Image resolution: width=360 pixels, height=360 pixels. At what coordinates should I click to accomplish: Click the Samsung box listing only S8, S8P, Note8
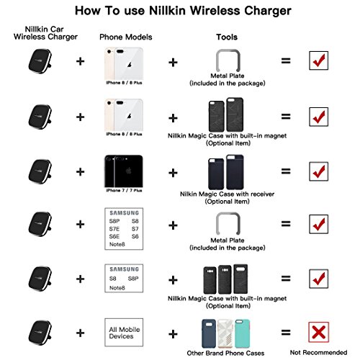tap(120, 278)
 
